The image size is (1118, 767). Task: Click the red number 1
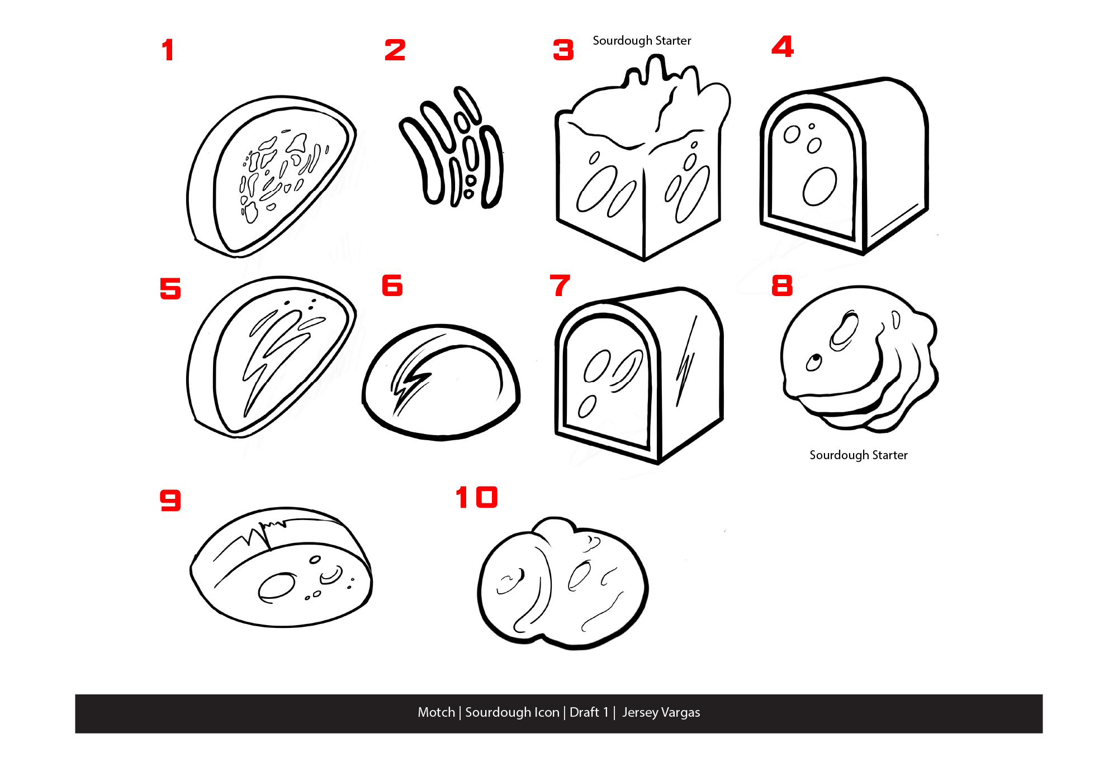click(x=168, y=50)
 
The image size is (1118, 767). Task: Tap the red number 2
click(x=395, y=50)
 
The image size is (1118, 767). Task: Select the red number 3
click(x=563, y=50)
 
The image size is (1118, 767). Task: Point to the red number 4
click(x=783, y=46)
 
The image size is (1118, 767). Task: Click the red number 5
click(x=170, y=288)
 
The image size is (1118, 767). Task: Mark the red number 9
click(x=170, y=500)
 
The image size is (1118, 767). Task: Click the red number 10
click(x=476, y=497)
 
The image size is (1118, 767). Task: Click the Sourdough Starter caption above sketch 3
click(x=642, y=41)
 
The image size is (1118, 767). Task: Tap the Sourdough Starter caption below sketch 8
click(x=859, y=455)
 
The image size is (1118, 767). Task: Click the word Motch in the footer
click(x=436, y=712)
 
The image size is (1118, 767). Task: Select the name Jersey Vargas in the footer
click(x=661, y=713)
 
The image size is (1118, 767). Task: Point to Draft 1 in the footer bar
click(x=589, y=712)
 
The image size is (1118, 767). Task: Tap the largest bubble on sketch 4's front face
click(x=819, y=186)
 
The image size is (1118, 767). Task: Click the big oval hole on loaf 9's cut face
click(x=276, y=587)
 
